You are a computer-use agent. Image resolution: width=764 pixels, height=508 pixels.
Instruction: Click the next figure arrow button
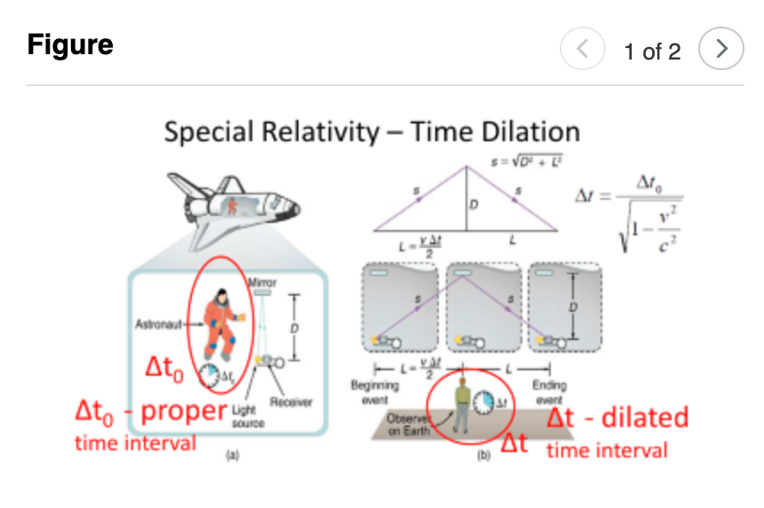click(x=721, y=50)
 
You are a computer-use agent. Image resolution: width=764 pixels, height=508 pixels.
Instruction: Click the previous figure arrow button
click(x=583, y=50)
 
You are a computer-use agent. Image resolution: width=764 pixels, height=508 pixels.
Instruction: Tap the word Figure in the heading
click(x=70, y=44)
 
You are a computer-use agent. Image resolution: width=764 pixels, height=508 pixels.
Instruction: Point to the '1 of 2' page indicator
click(x=652, y=52)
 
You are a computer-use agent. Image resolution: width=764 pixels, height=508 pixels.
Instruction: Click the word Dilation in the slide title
click(x=525, y=132)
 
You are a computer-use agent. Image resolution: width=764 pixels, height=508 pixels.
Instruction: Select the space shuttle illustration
click(x=237, y=209)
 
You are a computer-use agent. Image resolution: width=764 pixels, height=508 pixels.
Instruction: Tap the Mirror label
click(x=262, y=283)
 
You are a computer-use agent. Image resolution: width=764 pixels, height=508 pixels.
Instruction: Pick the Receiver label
click(x=291, y=402)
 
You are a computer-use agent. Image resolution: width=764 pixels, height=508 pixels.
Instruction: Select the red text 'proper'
click(x=183, y=412)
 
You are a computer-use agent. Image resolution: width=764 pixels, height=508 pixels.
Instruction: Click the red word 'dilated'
click(x=645, y=417)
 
